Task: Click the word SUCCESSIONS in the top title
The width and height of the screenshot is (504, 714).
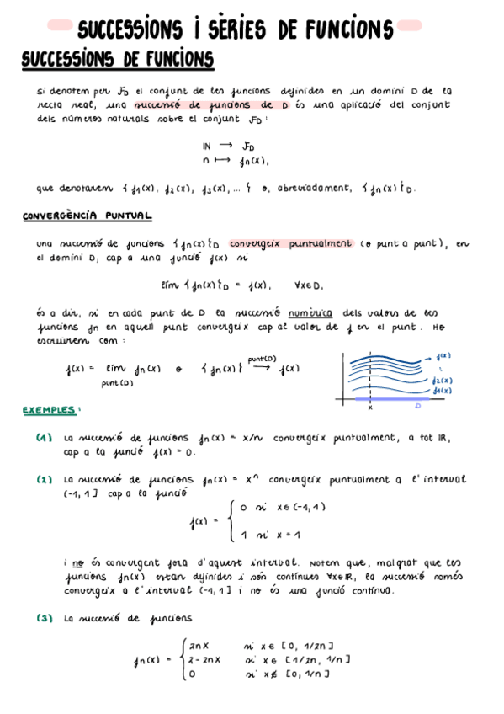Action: point(130,30)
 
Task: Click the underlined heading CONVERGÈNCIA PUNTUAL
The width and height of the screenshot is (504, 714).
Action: point(87,216)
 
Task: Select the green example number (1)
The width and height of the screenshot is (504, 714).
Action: point(45,437)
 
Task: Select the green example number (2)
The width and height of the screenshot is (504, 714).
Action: point(45,479)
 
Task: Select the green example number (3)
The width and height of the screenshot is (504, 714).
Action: point(45,618)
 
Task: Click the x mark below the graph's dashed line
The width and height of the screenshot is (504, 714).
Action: point(370,408)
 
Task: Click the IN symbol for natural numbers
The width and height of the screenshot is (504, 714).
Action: point(207,145)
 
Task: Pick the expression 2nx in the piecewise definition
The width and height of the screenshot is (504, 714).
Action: point(199,646)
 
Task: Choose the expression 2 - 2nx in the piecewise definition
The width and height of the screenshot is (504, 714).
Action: point(205,660)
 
